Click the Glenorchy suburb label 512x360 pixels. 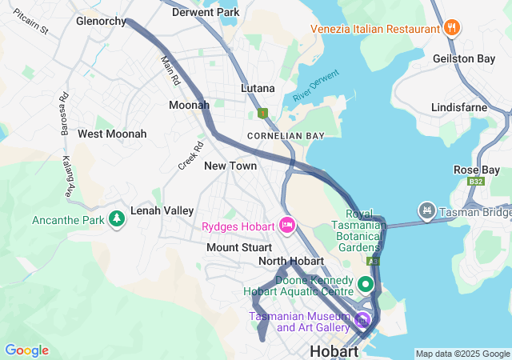[x=101, y=22]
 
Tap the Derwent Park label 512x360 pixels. [x=206, y=13]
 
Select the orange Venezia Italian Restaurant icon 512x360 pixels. [x=452, y=29]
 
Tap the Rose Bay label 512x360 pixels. [x=476, y=170]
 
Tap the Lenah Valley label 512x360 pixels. [x=162, y=210]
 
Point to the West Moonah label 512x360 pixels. [x=112, y=134]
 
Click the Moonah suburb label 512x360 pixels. [x=189, y=105]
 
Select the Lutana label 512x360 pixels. [x=258, y=88]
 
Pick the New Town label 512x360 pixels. [x=230, y=166]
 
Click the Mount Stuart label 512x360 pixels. [x=234, y=247]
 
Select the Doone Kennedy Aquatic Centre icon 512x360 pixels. [x=366, y=283]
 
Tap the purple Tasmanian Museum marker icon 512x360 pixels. [x=362, y=321]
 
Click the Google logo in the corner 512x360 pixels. [x=26, y=350]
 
